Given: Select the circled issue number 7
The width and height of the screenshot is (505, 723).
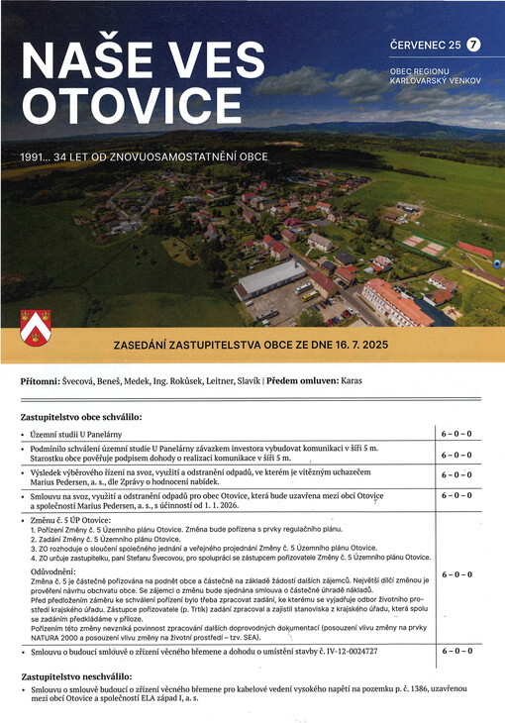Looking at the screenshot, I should click(473, 44).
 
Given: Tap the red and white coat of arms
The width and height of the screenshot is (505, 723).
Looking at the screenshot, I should click(36, 326).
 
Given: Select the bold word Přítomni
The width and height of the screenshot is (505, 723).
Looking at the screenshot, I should click(45, 380).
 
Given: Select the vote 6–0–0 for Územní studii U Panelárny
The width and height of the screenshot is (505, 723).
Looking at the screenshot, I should click(455, 434).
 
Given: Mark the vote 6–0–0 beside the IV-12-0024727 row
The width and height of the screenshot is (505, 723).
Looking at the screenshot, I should click(455, 651).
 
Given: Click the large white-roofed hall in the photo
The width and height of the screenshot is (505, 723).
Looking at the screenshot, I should click(270, 279).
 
